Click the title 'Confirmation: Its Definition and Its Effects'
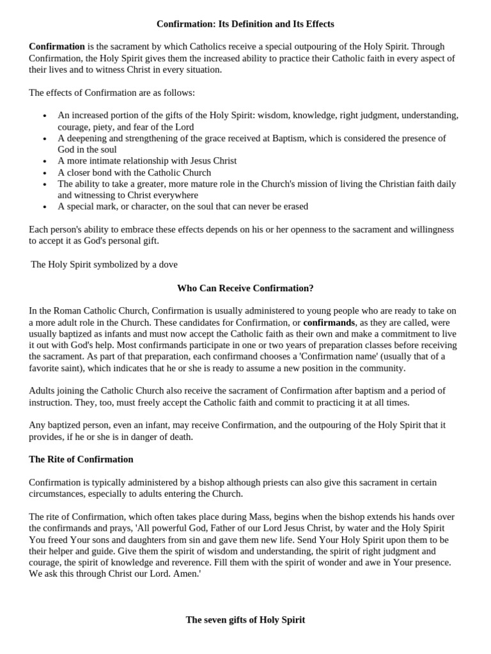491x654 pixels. point(245,24)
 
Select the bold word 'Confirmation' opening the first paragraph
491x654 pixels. point(57,47)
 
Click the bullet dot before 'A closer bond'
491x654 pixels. point(44,173)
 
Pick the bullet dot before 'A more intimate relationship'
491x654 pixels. point(44,162)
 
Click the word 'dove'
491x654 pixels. point(167,264)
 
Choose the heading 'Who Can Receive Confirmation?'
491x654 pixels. point(245,288)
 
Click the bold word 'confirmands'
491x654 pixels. point(329,323)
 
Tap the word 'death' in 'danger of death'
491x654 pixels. point(180,437)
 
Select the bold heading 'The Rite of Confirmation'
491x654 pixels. point(81,460)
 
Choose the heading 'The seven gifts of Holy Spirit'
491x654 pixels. point(245,620)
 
